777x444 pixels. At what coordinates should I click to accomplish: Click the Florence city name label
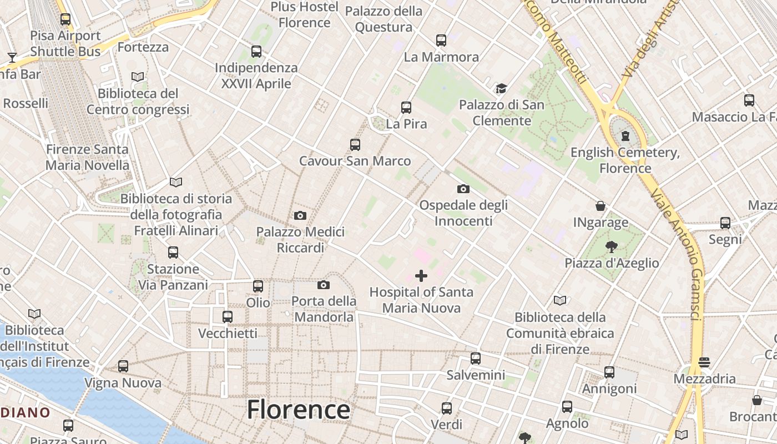(x=299, y=410)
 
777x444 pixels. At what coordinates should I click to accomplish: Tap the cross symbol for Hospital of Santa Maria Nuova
(x=421, y=275)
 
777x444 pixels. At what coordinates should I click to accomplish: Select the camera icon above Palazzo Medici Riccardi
(x=300, y=215)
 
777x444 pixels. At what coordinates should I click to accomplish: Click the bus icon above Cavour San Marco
(x=355, y=145)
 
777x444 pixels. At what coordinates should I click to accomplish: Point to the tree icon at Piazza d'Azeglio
(x=612, y=246)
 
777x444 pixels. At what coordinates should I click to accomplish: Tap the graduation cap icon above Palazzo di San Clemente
(x=502, y=89)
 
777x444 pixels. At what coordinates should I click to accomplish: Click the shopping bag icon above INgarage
(x=601, y=206)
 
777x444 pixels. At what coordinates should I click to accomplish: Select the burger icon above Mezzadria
(x=704, y=362)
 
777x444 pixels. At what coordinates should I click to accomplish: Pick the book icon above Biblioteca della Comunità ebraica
(x=560, y=301)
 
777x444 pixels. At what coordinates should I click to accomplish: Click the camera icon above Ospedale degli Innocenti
(x=463, y=189)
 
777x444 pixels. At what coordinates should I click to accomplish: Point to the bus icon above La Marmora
(x=441, y=41)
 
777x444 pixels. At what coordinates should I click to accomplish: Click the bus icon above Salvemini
(x=476, y=359)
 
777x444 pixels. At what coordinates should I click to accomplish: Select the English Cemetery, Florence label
(x=625, y=160)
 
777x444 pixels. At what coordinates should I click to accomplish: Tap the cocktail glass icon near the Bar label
(x=12, y=57)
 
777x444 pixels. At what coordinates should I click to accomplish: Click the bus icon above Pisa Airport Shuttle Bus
(x=65, y=19)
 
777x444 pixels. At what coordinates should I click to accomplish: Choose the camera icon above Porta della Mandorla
(x=324, y=285)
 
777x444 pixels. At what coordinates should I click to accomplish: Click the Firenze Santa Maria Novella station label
(x=87, y=157)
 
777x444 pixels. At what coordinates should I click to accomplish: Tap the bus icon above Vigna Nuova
(x=123, y=366)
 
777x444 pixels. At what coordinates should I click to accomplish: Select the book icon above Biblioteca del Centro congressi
(x=138, y=77)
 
